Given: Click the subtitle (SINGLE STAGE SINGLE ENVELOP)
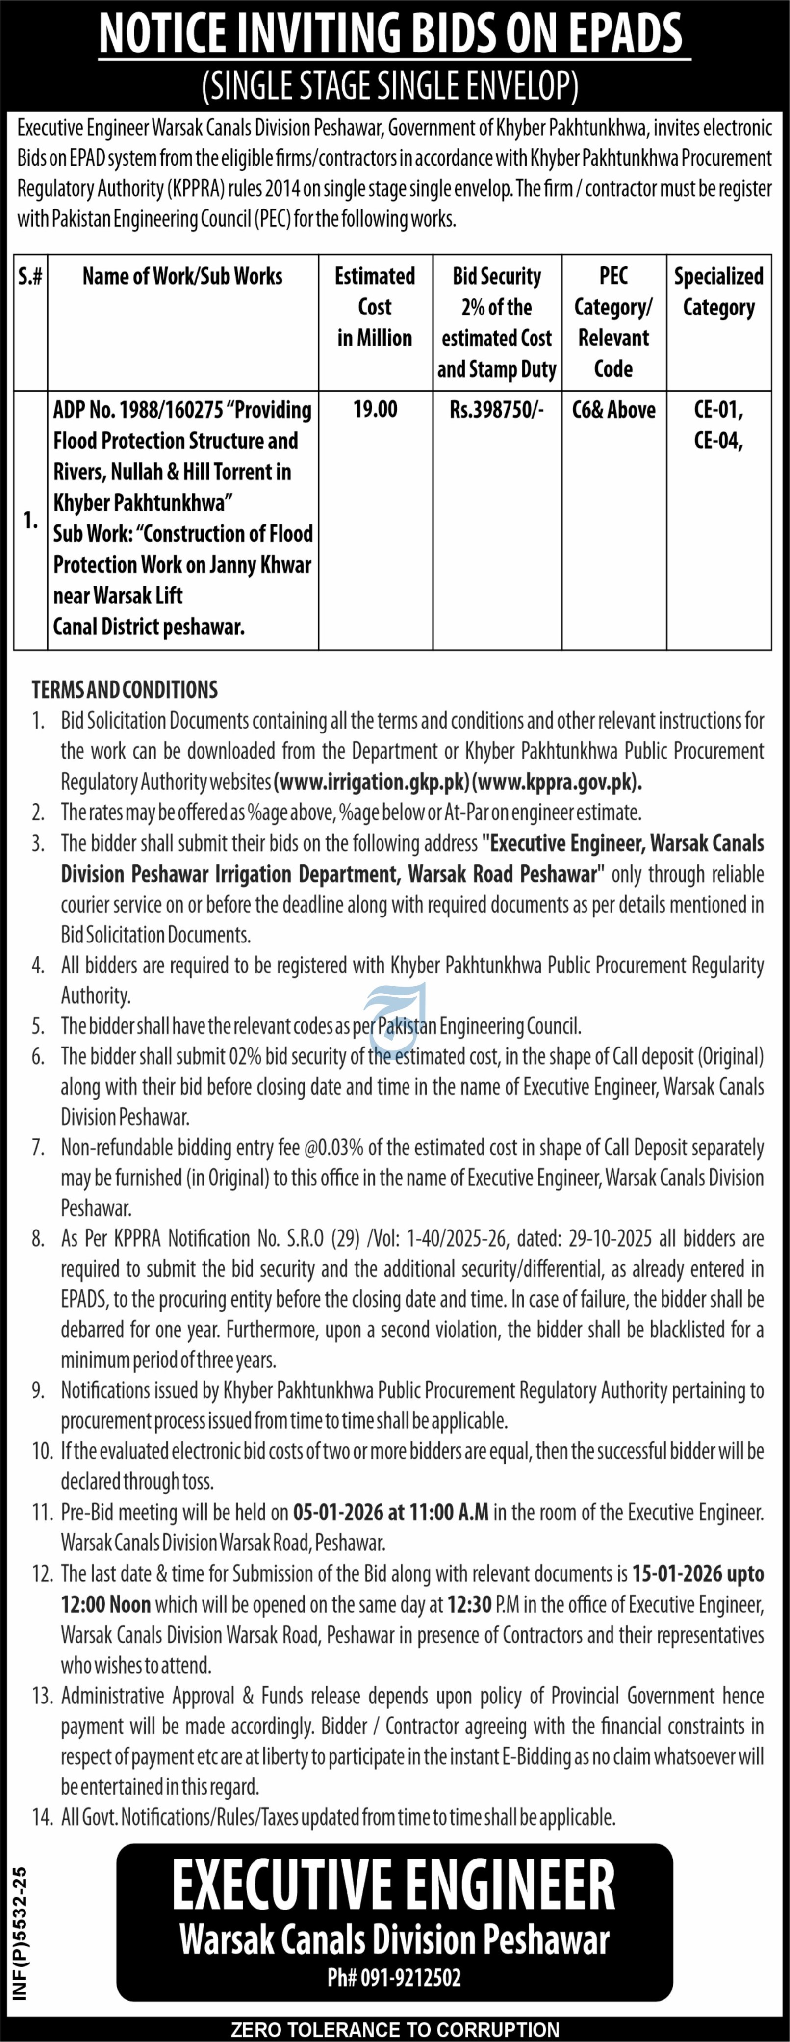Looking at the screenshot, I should [390, 85].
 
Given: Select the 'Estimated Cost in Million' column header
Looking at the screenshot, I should [375, 307].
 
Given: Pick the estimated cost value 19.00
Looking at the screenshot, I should [375, 410].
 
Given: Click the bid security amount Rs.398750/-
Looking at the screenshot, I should [497, 410].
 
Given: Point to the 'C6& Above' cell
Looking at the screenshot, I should [613, 410].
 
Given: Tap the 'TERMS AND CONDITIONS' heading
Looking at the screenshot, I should [125, 690].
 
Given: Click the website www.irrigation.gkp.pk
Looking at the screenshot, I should [372, 783].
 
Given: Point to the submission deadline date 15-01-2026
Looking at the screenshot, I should [675, 1573].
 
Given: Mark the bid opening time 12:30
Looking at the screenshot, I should [469, 1604].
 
